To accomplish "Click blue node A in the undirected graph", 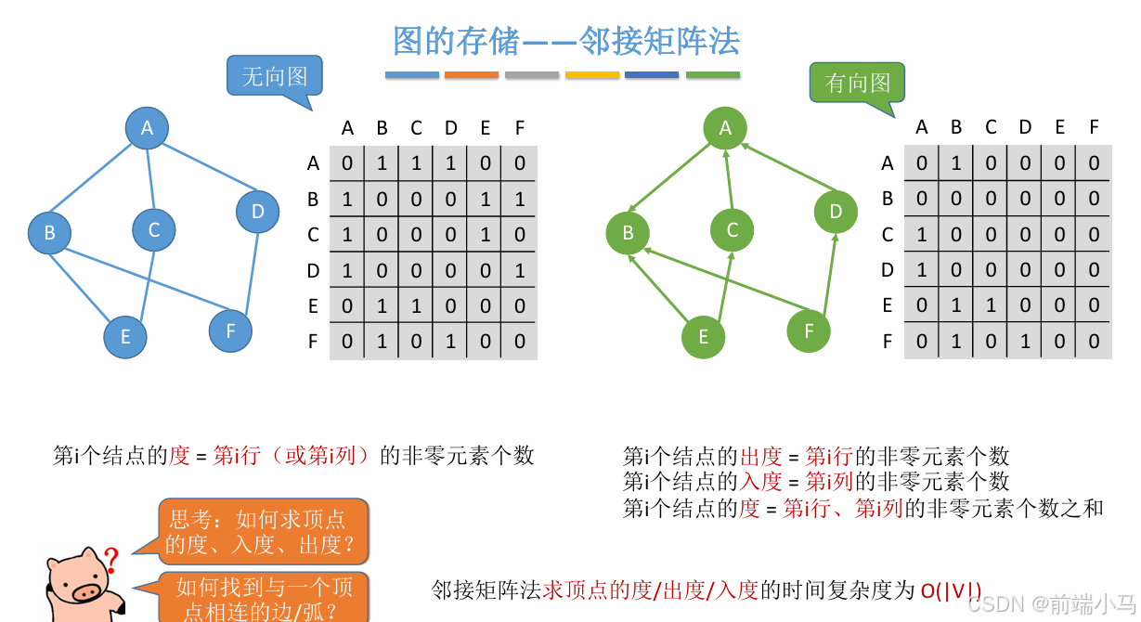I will pyautogui.click(x=147, y=128).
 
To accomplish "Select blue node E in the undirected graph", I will pyautogui.click(x=125, y=337).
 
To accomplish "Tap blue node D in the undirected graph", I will pyautogui.click(x=257, y=211).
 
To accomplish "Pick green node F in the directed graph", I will pyautogui.click(x=809, y=330).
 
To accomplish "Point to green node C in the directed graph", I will pyautogui.click(x=733, y=229).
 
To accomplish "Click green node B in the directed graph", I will pyautogui.click(x=628, y=232).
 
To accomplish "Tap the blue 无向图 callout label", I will pyautogui.click(x=274, y=76).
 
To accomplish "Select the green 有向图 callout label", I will pyautogui.click(x=857, y=83).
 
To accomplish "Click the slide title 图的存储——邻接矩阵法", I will pyautogui.click(x=566, y=41).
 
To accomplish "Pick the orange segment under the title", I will pyautogui.click(x=472, y=75).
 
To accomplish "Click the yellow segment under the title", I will pyautogui.click(x=591, y=75).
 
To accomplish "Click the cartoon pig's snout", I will pyautogui.click(x=90, y=591).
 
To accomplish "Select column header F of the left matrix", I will pyautogui.click(x=519, y=127).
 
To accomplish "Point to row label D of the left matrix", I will pyautogui.click(x=313, y=270).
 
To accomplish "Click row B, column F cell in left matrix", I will pyautogui.click(x=519, y=199).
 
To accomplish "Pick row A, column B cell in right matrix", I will pyautogui.click(x=956, y=163).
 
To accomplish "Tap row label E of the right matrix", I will pyautogui.click(x=888, y=305).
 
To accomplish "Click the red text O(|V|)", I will pyautogui.click(x=951, y=590).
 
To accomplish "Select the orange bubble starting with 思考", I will pyautogui.click(x=264, y=531).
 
